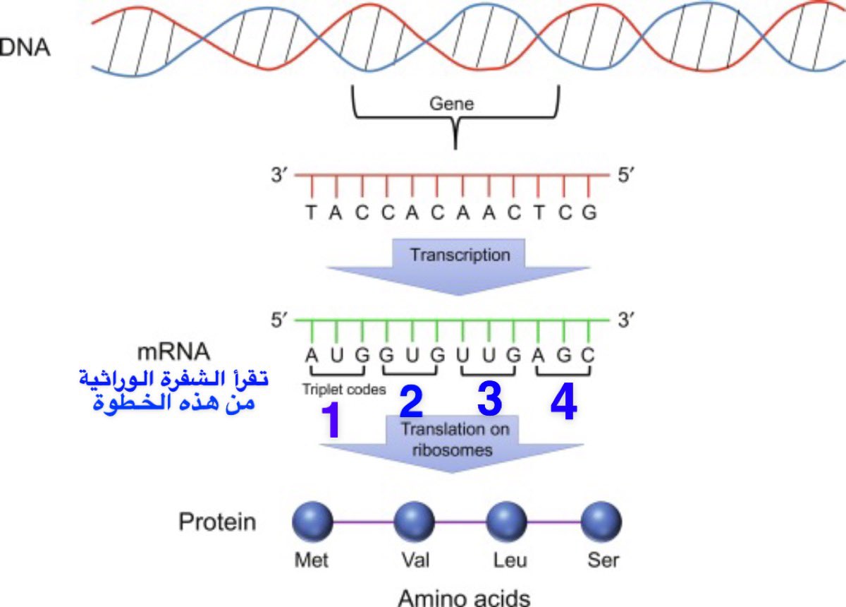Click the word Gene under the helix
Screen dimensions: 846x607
[452, 104]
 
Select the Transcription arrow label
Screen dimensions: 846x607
[460, 255]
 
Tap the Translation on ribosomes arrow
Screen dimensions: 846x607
[454, 439]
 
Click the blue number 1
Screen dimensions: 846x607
[331, 421]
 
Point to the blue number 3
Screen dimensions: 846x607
[489, 399]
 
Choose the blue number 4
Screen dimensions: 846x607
[564, 403]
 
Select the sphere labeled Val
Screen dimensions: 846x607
[415, 522]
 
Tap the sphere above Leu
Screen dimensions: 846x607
[507, 522]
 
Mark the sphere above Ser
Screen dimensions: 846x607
[601, 522]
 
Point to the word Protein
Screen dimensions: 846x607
[217, 522]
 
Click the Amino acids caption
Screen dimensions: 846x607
[464, 597]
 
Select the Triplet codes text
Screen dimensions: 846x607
[344, 389]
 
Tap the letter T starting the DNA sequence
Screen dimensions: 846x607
[311, 212]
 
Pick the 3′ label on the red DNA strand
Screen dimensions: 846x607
[280, 175]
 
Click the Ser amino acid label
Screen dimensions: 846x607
[603, 560]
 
